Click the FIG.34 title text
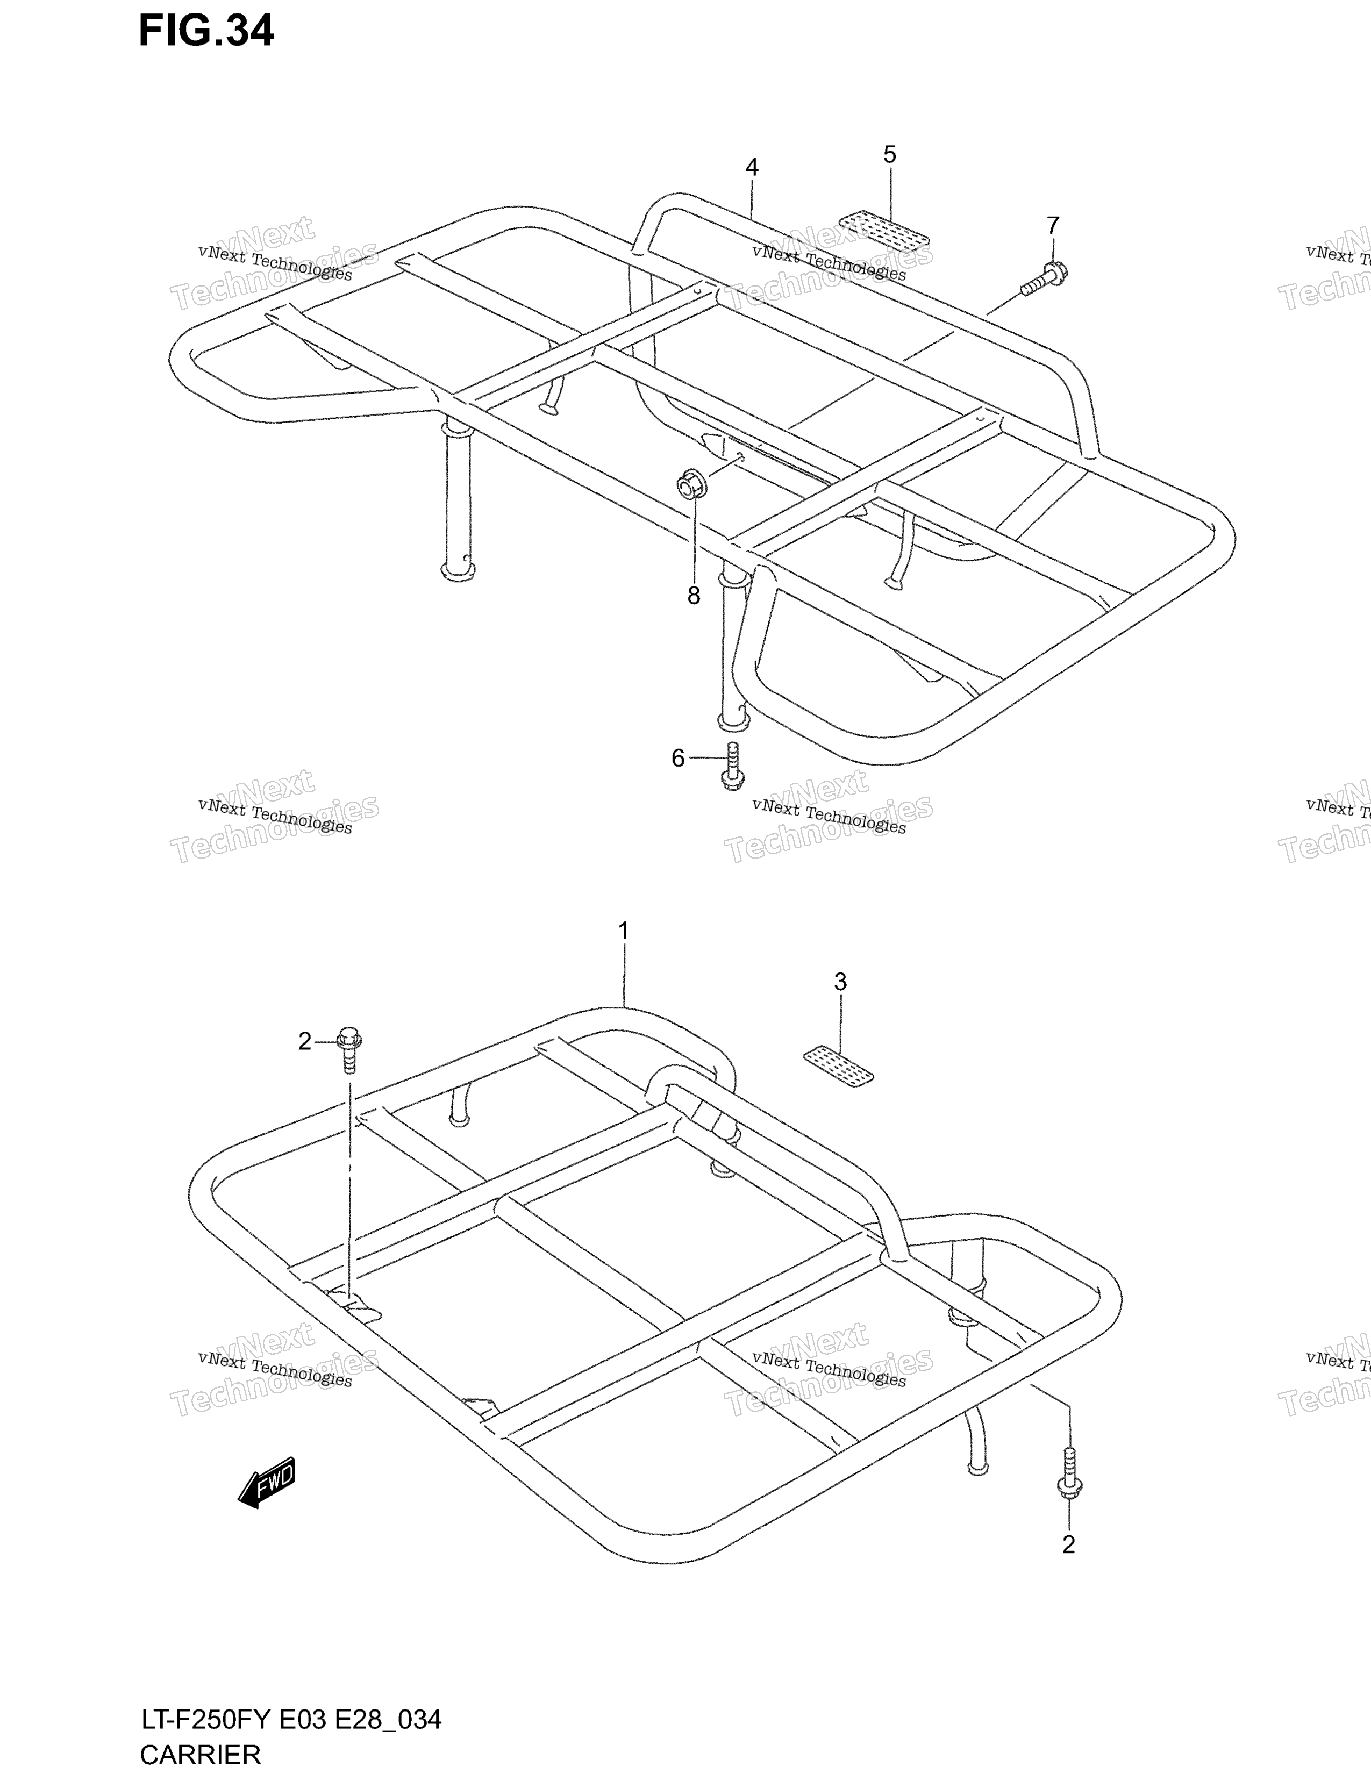(x=206, y=31)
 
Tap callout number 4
(x=752, y=167)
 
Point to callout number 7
(x=1053, y=226)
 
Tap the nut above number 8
(x=692, y=485)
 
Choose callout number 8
(x=694, y=596)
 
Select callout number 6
(x=678, y=758)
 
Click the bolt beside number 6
(x=732, y=766)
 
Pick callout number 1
(x=623, y=931)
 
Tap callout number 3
(x=841, y=982)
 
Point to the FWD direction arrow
(x=266, y=1483)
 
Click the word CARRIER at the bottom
(x=201, y=1755)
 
